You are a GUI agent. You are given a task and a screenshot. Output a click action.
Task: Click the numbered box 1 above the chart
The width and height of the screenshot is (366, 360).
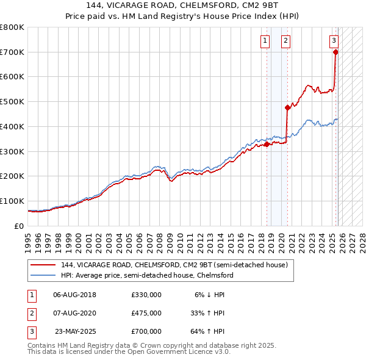coord(265,41)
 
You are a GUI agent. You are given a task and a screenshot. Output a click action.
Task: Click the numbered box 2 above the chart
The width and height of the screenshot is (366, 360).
coord(285,41)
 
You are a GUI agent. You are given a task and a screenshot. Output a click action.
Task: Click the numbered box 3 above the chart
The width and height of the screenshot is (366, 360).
coord(334,41)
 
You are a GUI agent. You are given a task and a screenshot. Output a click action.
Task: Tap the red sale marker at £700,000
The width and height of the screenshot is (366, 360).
coord(335,52)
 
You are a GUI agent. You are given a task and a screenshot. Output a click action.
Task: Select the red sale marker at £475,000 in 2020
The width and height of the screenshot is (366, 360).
coord(287,107)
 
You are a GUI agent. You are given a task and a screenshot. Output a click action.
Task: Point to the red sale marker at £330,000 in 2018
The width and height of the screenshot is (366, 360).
coord(267,144)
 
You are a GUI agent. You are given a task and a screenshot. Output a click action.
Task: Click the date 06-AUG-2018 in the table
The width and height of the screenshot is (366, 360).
coord(75,295)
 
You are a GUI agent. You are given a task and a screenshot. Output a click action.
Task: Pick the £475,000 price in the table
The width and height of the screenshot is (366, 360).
coord(146,313)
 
